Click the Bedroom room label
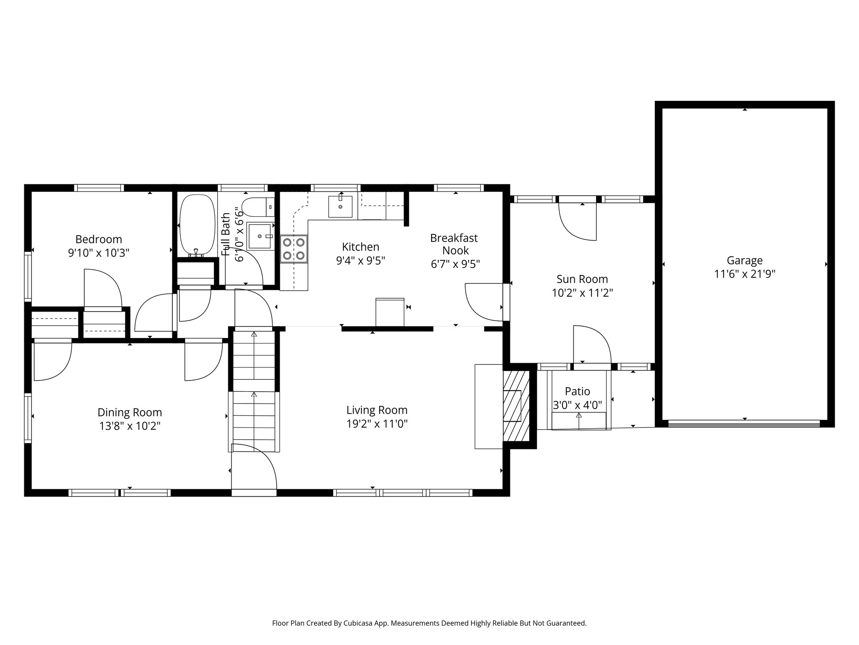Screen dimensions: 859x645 [99, 239]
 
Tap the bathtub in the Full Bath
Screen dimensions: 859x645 [196, 225]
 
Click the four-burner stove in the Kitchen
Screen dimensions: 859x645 [294, 249]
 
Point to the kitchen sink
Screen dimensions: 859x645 [340, 206]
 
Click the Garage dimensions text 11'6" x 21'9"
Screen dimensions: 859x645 [745, 274]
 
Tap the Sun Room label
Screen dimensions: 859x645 [582, 279]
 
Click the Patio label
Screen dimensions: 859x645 [578, 391]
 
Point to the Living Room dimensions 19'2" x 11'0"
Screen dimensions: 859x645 [377, 424]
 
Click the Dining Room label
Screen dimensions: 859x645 [130, 412]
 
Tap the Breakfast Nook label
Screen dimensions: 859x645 [454, 244]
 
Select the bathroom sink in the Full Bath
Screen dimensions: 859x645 [260, 236]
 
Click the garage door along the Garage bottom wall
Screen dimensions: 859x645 [744, 424]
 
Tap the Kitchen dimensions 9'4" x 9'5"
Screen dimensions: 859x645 [361, 261]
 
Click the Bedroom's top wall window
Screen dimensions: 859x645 [99, 188]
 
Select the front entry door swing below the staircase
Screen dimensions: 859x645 [254, 467]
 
